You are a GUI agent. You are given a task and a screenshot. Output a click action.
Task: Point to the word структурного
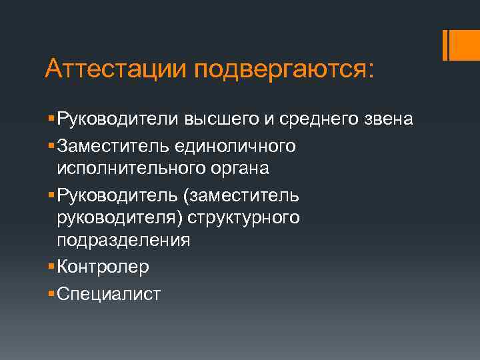pos(243,218)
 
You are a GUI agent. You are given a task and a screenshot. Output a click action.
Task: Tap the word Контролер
pos(103,267)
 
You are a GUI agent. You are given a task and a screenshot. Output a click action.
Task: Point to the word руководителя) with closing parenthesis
pos(119,218)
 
